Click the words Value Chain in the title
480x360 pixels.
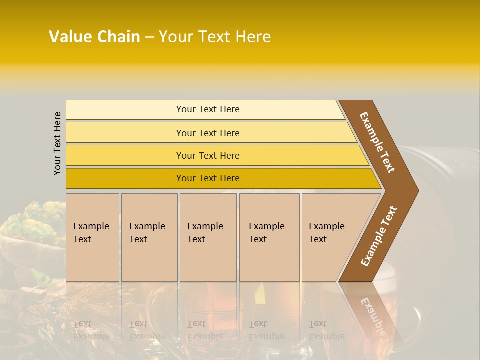pyautogui.click(x=94, y=37)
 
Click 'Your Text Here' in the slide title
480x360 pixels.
pyautogui.click(x=215, y=37)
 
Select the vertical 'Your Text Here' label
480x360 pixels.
pyautogui.click(x=57, y=143)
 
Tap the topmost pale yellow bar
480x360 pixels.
pyautogui.click(x=207, y=109)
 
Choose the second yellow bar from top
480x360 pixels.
pyautogui.click(x=207, y=133)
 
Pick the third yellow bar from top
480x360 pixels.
pyautogui.click(x=207, y=155)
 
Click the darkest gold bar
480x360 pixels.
pyautogui.click(x=207, y=178)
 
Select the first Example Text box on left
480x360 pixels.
pyautogui.click(x=92, y=237)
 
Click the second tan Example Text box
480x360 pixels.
pyautogui.click(x=149, y=237)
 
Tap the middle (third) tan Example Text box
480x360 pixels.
pyautogui.click(x=208, y=237)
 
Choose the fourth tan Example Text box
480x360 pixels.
pyautogui.click(x=269, y=237)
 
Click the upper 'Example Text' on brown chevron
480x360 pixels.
pyautogui.click(x=377, y=142)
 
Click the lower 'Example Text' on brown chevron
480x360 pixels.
pyautogui.click(x=379, y=236)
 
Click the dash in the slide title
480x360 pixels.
pyautogui.click(x=149, y=37)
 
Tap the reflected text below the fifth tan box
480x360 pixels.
pyautogui.click(x=326, y=330)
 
